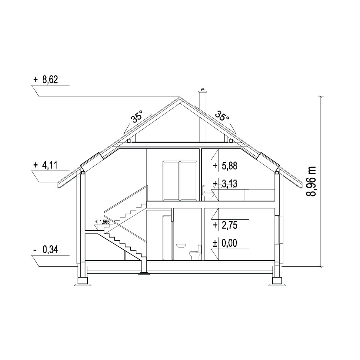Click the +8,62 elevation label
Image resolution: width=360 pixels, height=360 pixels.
pos(46,80)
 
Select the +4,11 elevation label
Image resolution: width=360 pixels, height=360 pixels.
pos(45,165)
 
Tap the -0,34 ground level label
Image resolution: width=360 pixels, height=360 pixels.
pos(46,249)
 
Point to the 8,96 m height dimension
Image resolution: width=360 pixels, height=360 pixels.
pos(311,182)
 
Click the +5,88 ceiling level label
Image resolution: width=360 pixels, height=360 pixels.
pos(225,166)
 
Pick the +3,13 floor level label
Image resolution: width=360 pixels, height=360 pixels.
pos(225,184)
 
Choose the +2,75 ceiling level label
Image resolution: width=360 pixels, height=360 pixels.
pos(225,225)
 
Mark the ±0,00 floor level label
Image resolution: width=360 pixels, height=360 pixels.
pos(225,243)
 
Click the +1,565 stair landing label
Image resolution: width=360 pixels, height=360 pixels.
pos(102,222)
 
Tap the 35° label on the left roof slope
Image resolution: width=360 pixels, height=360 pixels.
pos(137,116)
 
